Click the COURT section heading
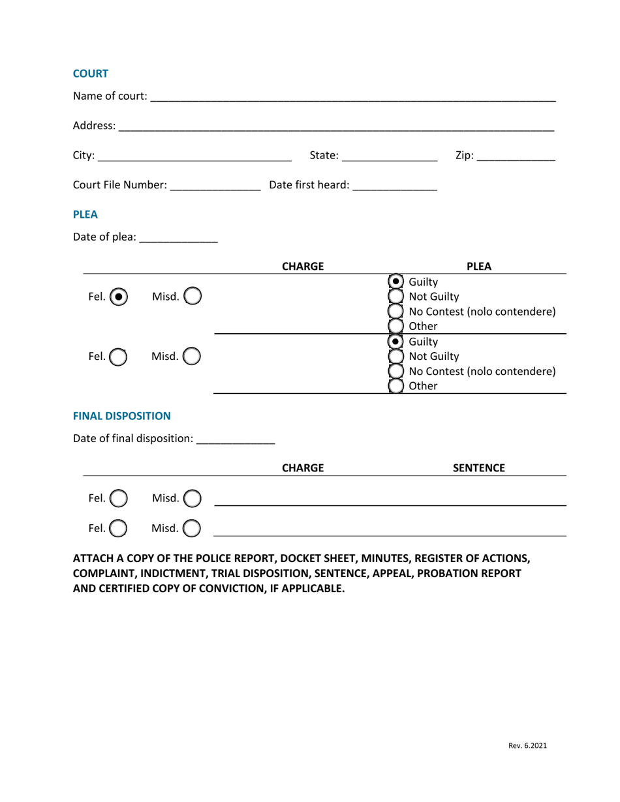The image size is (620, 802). coord(90,74)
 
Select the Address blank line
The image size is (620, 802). coord(336,126)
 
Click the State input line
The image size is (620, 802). coord(389,156)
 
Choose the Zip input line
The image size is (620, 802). coord(516,156)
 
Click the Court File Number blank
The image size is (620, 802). coord(214,186)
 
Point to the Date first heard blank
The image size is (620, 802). coord(394,186)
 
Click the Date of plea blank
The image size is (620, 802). coord(178,238)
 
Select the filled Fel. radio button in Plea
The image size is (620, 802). coord(119,297)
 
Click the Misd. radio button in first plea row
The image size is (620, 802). coord(193,297)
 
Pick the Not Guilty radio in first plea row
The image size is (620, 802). coord(396,297)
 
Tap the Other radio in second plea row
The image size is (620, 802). coord(396,386)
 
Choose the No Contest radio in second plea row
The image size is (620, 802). coord(396,371)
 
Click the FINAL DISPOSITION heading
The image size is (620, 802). coord(121,416)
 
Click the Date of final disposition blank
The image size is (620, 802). coord(235,439)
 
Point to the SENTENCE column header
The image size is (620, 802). coord(479,468)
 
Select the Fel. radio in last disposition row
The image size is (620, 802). coord(118,528)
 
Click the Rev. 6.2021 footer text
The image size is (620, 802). coord(527,746)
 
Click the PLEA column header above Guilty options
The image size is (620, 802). coord(479,266)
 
